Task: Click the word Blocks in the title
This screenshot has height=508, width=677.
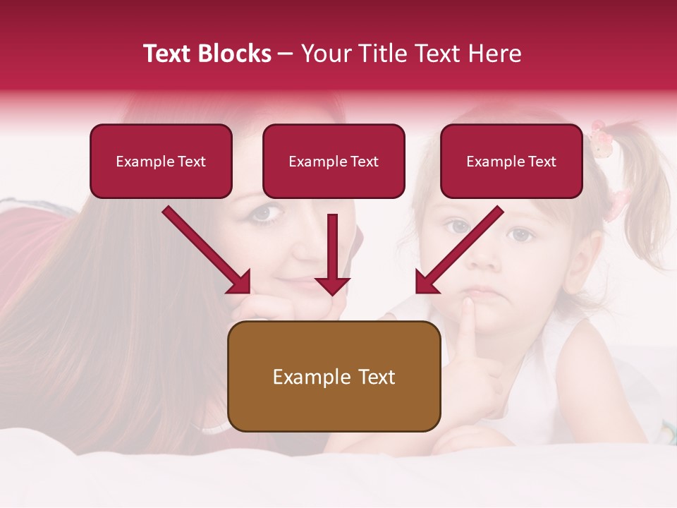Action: point(236,54)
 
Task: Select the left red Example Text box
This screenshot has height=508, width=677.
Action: point(161,161)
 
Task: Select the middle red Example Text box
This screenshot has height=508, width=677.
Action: point(334,161)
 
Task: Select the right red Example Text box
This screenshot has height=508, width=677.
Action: point(511,161)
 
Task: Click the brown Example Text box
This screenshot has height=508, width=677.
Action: point(334,376)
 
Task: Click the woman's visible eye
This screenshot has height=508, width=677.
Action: point(266,212)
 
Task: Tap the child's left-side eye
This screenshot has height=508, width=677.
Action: point(458,226)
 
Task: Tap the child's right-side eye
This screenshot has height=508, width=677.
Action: point(520,234)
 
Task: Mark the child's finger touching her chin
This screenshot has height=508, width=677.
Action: point(468,310)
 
